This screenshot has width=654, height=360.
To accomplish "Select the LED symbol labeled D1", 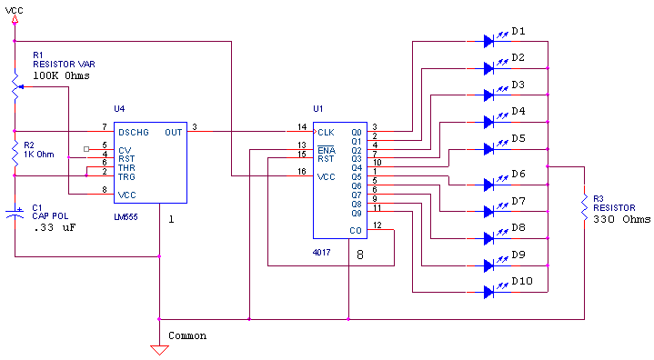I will pos(489,40).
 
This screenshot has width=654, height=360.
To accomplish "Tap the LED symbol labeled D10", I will pos(489,291).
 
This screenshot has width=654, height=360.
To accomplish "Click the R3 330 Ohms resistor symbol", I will pos(584,207).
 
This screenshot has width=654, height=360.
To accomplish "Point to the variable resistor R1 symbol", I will pos(15,85).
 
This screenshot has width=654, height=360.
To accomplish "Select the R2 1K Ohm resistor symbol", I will pos(15,154).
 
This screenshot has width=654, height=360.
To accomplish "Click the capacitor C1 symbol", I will pos(15,215).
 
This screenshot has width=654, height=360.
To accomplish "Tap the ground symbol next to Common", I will pos(159,349).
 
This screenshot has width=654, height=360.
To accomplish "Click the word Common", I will pos(187,335).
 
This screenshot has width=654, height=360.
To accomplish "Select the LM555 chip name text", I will pos(127,218).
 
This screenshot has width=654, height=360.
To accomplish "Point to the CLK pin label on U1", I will pos(327,132).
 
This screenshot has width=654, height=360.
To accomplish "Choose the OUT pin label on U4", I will pos(173,132).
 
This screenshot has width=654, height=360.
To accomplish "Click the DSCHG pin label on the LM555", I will pos(133,132).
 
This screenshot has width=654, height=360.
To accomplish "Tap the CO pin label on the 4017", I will pos(355,230).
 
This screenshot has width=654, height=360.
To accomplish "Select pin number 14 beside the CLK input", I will pos(302,126).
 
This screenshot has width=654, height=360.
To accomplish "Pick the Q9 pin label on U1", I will pos(356,213).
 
